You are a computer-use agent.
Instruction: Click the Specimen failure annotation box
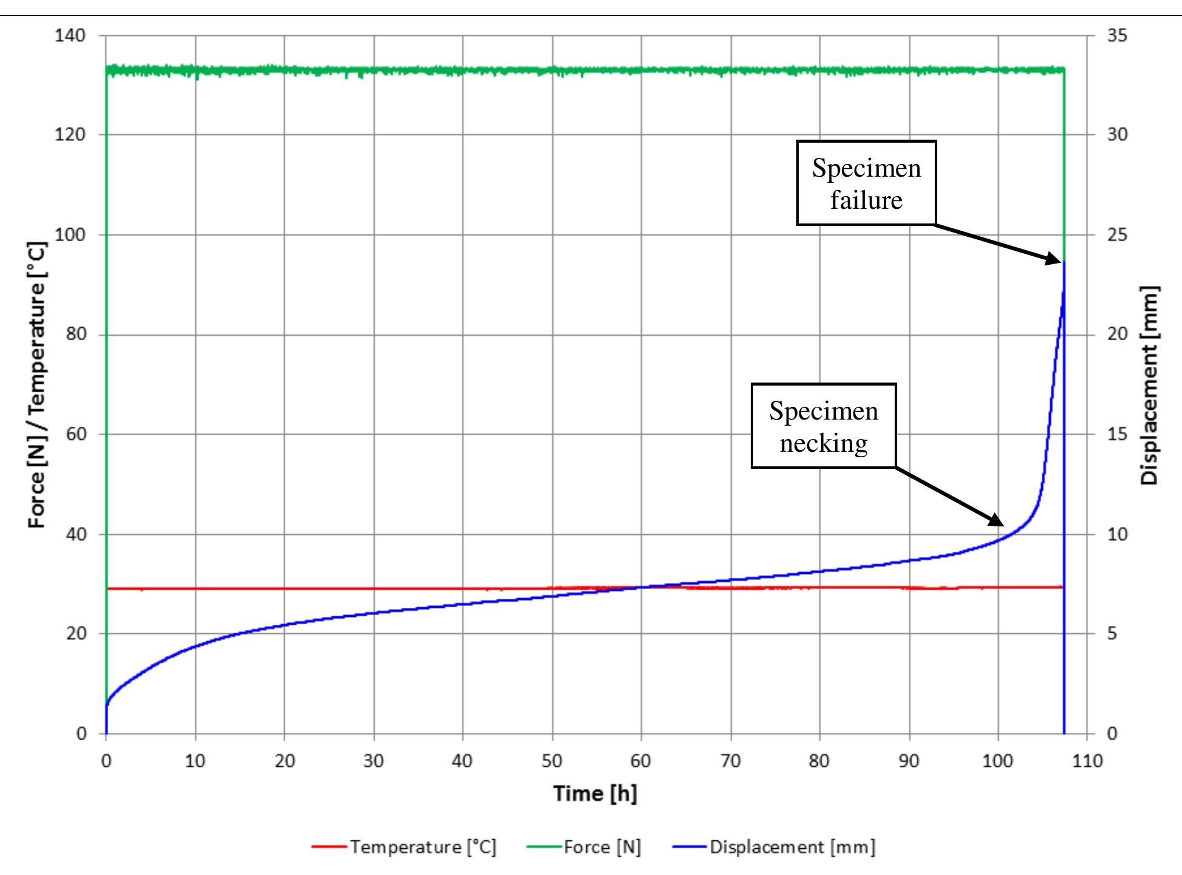866,183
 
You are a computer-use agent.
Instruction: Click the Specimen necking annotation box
823,426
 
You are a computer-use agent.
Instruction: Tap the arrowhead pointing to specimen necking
997,520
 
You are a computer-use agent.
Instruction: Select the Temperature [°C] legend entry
405,846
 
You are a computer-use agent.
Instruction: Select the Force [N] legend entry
584,846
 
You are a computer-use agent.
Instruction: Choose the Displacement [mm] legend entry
774,846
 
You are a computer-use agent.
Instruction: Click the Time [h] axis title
595,793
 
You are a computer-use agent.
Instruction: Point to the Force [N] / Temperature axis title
37,385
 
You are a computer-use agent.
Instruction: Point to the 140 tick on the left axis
70,35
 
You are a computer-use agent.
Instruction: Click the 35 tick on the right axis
1117,35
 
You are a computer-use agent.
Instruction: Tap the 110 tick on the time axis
1087,760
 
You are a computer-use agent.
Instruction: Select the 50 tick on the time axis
552,760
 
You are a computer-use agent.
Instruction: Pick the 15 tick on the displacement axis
1117,434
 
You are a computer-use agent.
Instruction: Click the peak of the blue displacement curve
1064,262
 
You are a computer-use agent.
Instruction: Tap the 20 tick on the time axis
284,760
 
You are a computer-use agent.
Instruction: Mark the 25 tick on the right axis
1117,234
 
